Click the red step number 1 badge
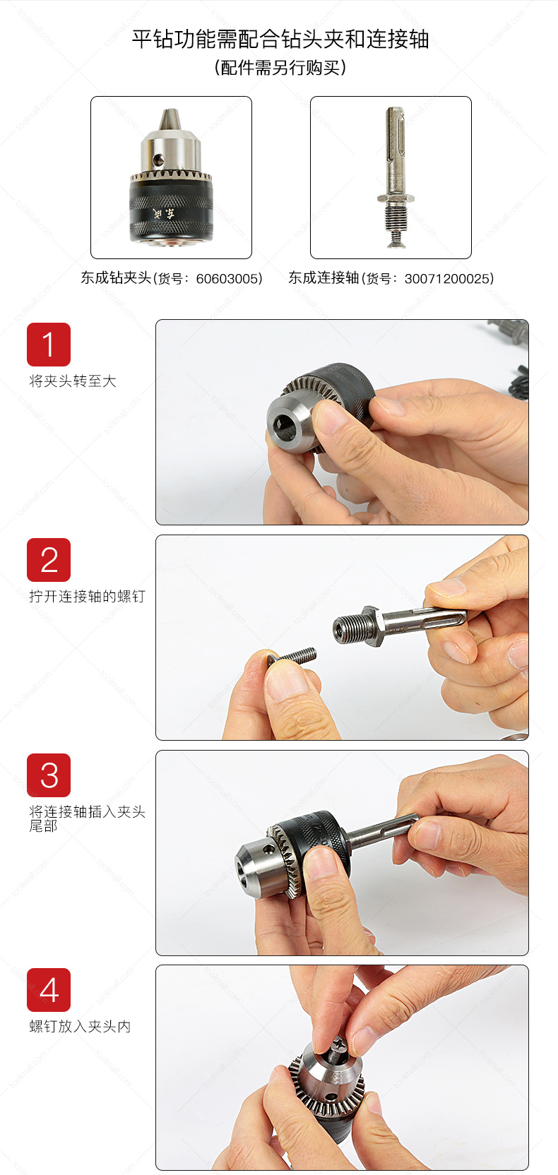pos(49,344)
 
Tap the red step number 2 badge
pos(49,560)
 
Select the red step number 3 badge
pos(49,775)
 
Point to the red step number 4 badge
pos(49,990)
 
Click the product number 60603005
pos(229,278)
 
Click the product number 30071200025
pos(449,278)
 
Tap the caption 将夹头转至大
pos(73,381)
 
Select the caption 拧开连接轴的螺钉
pos(87,596)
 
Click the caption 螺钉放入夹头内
pos(80,1026)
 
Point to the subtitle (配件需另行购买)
pos(280,68)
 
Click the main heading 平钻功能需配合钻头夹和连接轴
pos(280,40)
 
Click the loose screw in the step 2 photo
pos(293,656)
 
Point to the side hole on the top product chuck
pos(160,159)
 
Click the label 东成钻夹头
pos(116,278)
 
